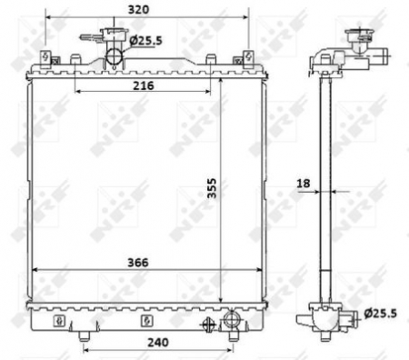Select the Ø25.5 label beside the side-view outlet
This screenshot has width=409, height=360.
pyautogui.click(x=380, y=314)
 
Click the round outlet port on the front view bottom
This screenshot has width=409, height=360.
pyautogui.click(x=231, y=320)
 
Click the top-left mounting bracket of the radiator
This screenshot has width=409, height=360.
pyautogui.click(x=44, y=60)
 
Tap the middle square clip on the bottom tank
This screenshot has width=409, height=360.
pyautogui.click(x=145, y=321)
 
